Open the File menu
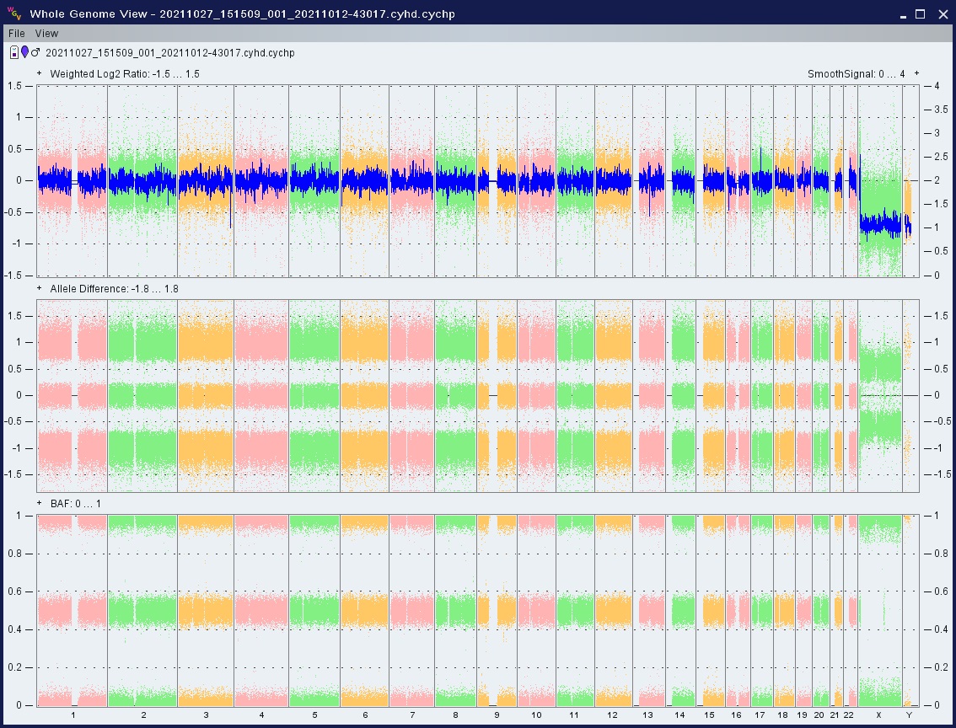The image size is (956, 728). click(x=17, y=34)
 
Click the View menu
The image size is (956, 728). click(x=47, y=34)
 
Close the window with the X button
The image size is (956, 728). click(x=942, y=14)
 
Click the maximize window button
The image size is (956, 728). click(x=920, y=14)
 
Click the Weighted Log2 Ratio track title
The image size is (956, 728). click(x=125, y=74)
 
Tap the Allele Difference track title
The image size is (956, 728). click(x=114, y=289)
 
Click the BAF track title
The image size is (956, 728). click(x=76, y=504)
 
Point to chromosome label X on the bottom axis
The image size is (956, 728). click(x=878, y=715)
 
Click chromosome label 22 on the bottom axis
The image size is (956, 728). click(x=848, y=715)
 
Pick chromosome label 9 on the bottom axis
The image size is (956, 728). click(x=497, y=715)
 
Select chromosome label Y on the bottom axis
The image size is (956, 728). click(x=909, y=715)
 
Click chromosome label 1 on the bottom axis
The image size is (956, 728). click(x=73, y=715)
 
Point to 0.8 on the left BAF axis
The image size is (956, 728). click(x=15, y=554)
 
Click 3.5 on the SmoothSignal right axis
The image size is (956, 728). click(x=941, y=110)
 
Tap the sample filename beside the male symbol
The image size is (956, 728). click(x=170, y=53)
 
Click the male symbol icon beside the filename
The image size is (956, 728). click(x=35, y=52)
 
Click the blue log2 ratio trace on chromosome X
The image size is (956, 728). click(x=880, y=224)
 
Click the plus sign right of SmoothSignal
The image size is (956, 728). click(x=916, y=73)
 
